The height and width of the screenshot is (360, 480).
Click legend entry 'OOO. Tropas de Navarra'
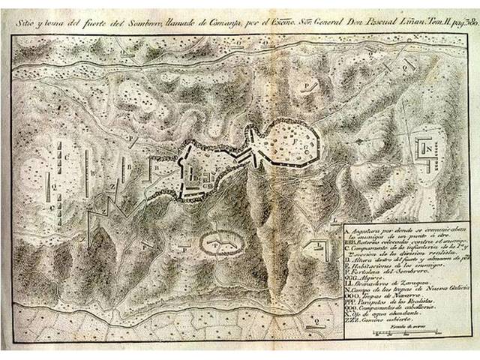tap(382, 298)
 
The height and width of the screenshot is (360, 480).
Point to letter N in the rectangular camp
tap(428, 150)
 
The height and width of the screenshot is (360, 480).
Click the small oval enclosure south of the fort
tap(222, 242)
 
